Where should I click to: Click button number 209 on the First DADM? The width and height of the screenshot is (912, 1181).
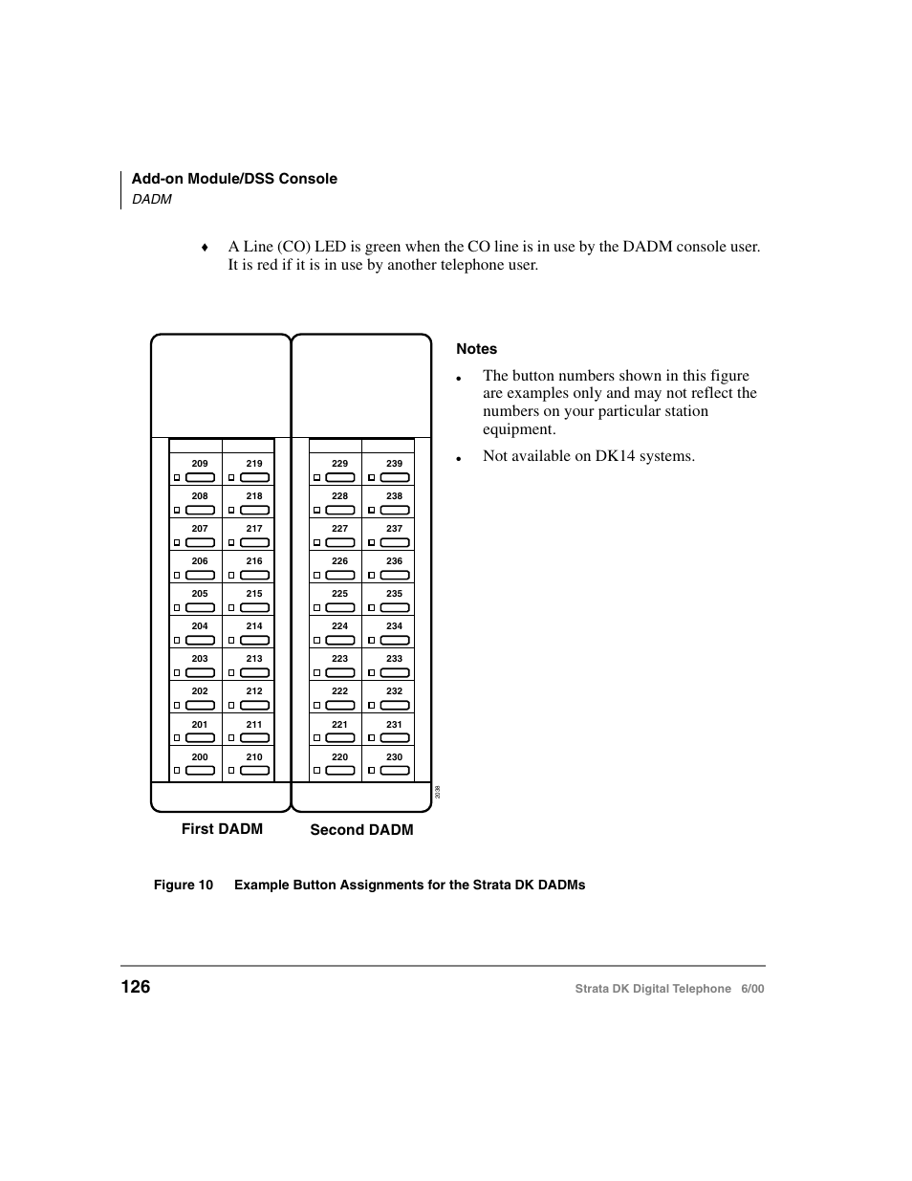[200, 464]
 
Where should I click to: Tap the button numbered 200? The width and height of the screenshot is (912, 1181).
[200, 757]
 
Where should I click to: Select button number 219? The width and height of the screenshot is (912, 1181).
[254, 464]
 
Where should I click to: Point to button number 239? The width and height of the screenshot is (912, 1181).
[394, 464]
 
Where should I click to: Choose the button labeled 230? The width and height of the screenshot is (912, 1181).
[394, 757]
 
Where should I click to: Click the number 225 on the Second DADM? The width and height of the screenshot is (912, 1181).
[339, 594]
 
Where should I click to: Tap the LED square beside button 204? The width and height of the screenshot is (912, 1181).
[177, 641]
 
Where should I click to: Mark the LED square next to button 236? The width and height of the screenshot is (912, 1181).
[371, 576]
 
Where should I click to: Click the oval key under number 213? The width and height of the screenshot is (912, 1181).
[254, 673]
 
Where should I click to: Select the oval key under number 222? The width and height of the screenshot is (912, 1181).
[340, 706]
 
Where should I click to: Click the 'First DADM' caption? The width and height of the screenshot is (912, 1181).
[222, 829]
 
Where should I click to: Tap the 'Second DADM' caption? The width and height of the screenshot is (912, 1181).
[361, 830]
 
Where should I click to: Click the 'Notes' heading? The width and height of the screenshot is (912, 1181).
[476, 349]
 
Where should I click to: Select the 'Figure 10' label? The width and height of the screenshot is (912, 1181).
[183, 886]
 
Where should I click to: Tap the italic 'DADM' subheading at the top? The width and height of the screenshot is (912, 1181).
[151, 199]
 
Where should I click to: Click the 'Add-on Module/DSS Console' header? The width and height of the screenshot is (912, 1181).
[234, 179]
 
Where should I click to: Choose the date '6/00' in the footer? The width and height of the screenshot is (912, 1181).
[751, 989]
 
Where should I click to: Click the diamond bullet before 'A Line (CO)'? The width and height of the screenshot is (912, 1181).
[204, 248]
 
